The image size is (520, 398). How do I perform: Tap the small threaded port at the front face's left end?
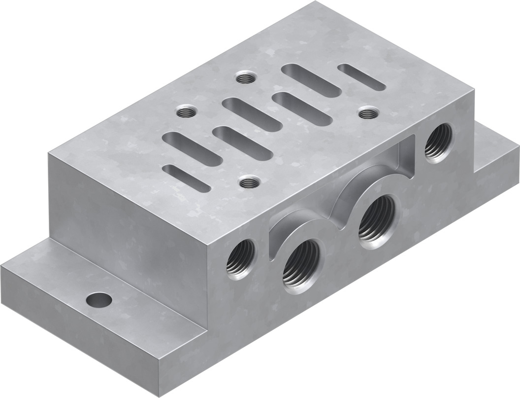pos(241,258)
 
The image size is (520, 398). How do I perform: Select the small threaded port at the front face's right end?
pos(438,142)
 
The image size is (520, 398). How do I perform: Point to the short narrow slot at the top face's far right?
pos(362,76)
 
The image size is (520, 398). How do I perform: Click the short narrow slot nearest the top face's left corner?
pos(186,178)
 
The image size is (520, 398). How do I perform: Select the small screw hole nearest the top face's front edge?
pos(249,182)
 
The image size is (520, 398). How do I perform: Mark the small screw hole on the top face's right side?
pos(365,113)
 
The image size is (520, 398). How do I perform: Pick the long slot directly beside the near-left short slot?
pos(192,146)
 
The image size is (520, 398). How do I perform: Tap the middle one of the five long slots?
pos(244,114)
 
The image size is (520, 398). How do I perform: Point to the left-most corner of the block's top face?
pos(49,153)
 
